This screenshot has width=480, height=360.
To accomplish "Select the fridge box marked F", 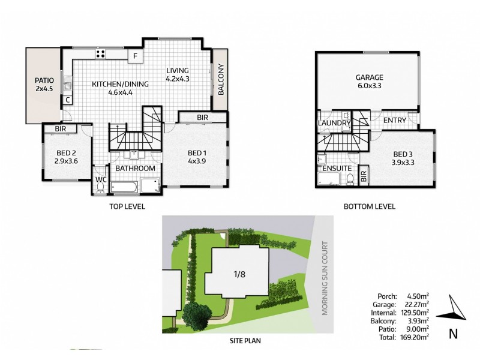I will [136, 56].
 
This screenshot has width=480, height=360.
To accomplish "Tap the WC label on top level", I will [100, 179].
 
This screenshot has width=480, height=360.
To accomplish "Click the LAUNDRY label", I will [335, 124].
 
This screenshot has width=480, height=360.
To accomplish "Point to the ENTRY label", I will [394, 121].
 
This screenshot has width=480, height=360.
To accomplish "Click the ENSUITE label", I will [337, 169].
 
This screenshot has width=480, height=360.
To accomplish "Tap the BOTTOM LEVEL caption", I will [368, 207].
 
